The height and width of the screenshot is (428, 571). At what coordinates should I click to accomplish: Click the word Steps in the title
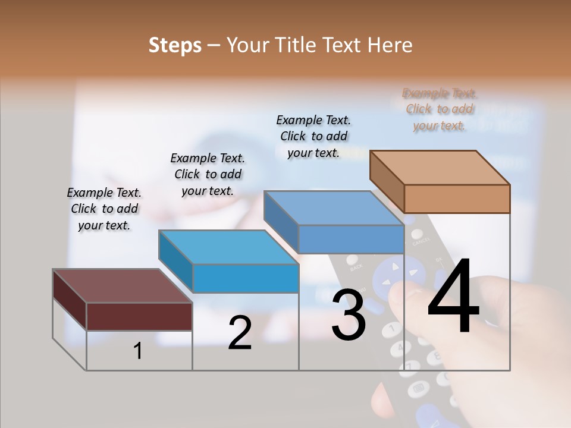coord(175,45)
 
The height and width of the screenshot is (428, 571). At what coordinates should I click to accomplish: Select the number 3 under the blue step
coord(348,315)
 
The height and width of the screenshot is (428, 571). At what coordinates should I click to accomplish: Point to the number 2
coord(240,333)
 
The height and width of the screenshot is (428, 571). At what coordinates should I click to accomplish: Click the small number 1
coord(138,351)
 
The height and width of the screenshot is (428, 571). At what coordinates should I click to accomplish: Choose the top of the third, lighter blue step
coord(334,208)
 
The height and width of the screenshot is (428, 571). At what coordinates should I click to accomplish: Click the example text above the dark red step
coord(104,209)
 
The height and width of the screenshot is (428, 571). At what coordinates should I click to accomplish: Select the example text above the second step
coord(208,174)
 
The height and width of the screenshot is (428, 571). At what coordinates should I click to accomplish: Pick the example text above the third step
coord(313,136)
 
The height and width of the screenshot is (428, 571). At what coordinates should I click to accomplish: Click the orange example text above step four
coord(440,109)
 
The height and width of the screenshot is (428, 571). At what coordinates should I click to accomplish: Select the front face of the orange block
coord(457,199)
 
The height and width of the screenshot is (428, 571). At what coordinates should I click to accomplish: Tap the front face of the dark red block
coord(139,316)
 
